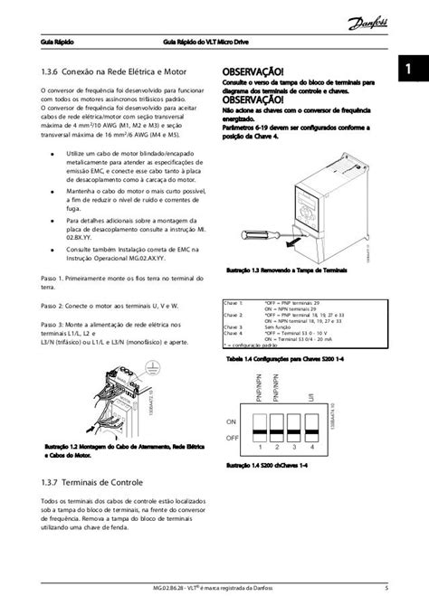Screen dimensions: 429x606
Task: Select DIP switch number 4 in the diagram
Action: click(x=310, y=428)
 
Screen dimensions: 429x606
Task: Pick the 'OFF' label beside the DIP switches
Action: click(x=234, y=436)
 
